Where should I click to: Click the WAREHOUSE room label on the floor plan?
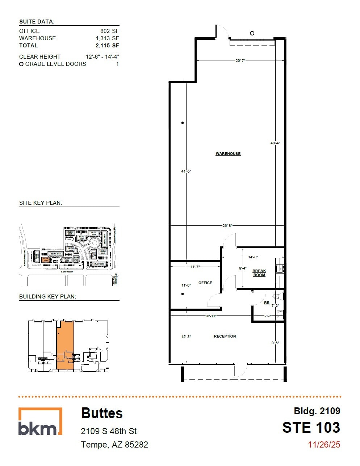tap(228, 154)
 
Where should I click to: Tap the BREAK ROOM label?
tap(259, 273)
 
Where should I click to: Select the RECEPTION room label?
tap(225, 336)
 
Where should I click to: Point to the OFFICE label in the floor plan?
tap(205, 283)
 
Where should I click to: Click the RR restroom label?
tap(267, 303)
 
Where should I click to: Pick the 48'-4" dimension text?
tap(275, 143)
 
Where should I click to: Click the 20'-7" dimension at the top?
tap(240, 61)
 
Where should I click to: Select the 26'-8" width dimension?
tap(227, 226)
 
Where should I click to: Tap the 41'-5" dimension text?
tap(186, 171)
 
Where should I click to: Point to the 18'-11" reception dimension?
tap(210, 316)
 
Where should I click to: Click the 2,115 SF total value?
tap(107, 46)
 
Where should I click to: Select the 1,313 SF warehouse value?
tap(107, 38)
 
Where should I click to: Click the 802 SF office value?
tap(109, 31)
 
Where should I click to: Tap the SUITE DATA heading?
tap(37, 22)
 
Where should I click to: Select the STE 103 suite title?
tap(311, 428)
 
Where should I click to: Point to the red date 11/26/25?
tap(324, 445)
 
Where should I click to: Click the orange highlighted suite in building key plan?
tap(65, 344)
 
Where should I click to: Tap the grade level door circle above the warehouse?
tap(252, 33)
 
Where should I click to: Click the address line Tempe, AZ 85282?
tap(114, 445)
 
